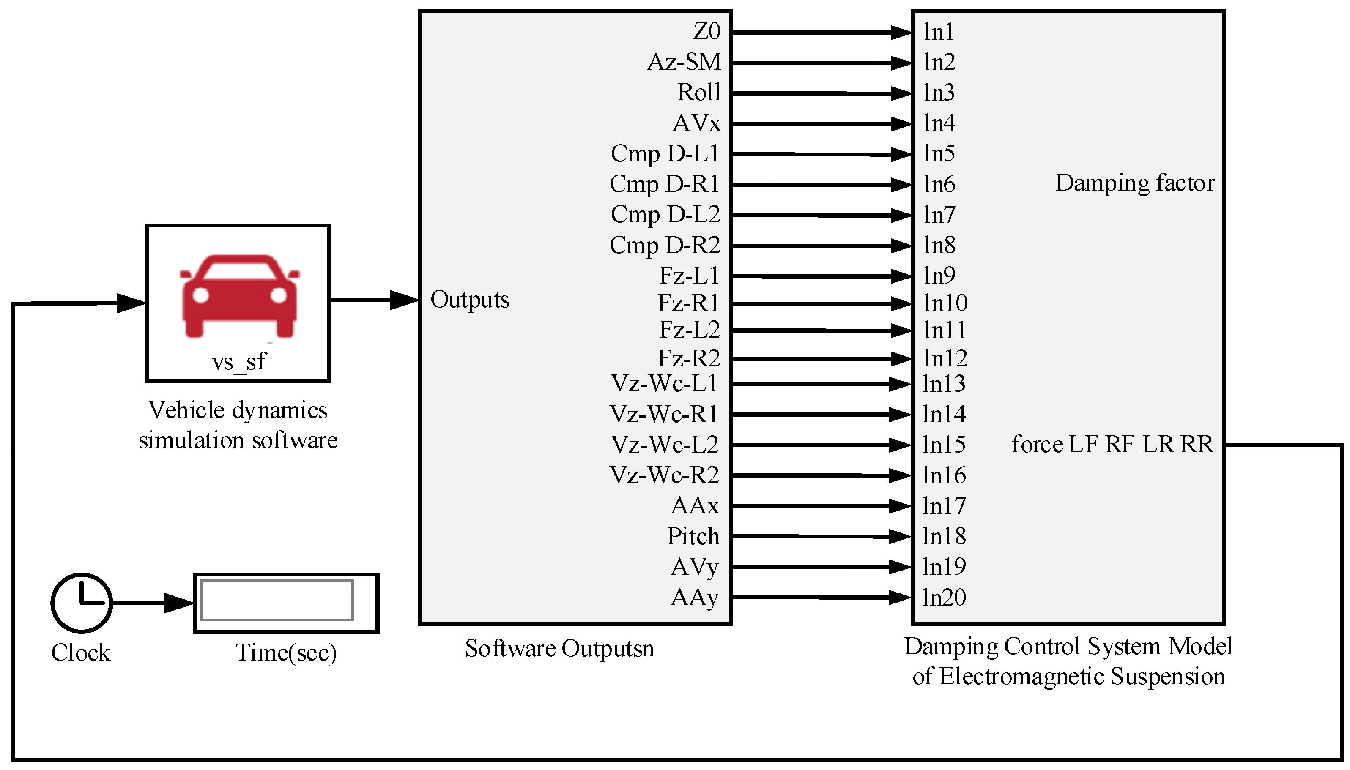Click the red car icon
coord(240,296)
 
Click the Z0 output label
coord(707,32)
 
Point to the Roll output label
coord(699,93)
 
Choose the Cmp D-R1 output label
coord(664,184)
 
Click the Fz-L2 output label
coord(689,330)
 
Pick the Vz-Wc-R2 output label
coord(664,475)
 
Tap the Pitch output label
coord(693,536)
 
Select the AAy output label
coord(695,598)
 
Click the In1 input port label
coord(939,32)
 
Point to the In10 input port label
coord(945,303)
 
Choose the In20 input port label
coord(944,598)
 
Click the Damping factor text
coord(1135,183)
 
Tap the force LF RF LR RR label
coord(1112,444)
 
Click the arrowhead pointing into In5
coord(901,154)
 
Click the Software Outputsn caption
coord(559,649)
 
